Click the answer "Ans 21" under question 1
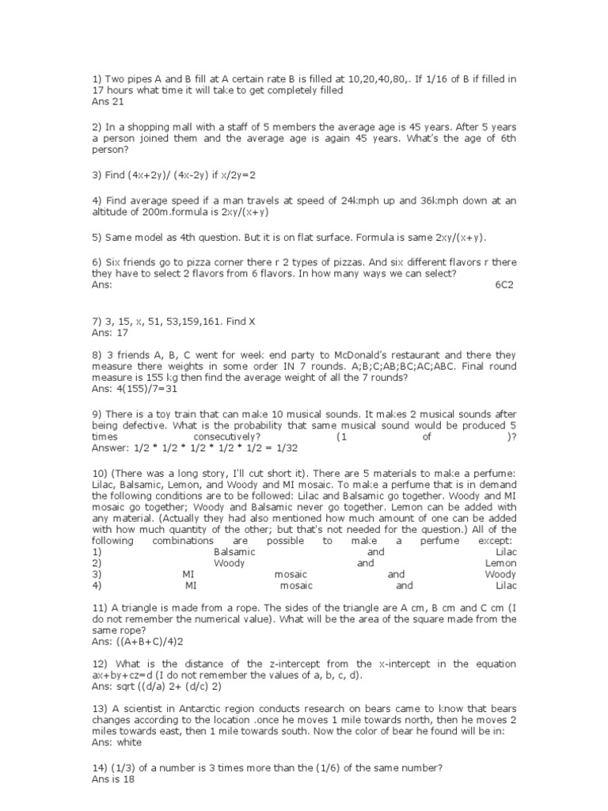point(108,102)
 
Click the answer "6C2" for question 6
point(505,284)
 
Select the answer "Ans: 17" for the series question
point(110,333)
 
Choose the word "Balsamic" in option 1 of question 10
point(234,552)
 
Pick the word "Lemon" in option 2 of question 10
point(500,563)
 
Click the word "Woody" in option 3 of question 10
point(500,574)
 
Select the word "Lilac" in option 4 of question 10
point(506,585)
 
